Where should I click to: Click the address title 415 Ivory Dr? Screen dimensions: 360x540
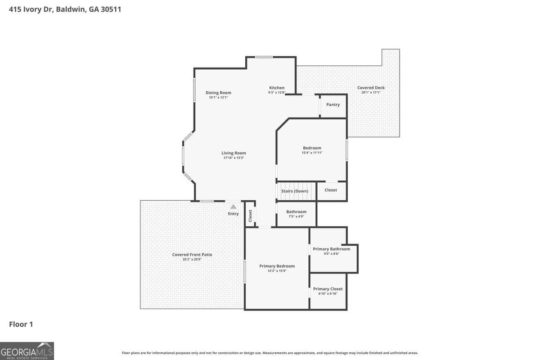65,9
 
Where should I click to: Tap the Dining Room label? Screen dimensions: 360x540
218,93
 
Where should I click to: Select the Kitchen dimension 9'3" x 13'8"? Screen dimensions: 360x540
277,93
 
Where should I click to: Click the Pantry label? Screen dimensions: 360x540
333,104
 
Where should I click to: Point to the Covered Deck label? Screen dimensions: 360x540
371,88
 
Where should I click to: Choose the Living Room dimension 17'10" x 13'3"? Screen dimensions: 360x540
234,158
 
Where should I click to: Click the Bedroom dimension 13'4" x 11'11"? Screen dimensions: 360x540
312,153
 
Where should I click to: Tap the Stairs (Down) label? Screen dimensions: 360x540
295,191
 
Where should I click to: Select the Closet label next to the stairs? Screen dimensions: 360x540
331,190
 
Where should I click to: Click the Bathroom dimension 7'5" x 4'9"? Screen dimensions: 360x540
296,216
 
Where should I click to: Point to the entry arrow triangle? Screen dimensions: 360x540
233,207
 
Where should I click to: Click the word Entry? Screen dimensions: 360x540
233,214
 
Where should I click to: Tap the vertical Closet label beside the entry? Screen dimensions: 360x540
250,216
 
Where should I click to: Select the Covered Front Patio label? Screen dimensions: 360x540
192,255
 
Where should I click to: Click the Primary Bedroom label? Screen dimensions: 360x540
277,266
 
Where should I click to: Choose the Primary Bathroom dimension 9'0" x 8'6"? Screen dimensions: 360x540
331,254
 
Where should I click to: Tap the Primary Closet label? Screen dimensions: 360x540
328,289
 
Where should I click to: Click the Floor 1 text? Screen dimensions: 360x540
21,324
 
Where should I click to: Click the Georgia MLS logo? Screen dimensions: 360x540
27,351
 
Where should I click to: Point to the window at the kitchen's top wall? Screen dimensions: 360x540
264,57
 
